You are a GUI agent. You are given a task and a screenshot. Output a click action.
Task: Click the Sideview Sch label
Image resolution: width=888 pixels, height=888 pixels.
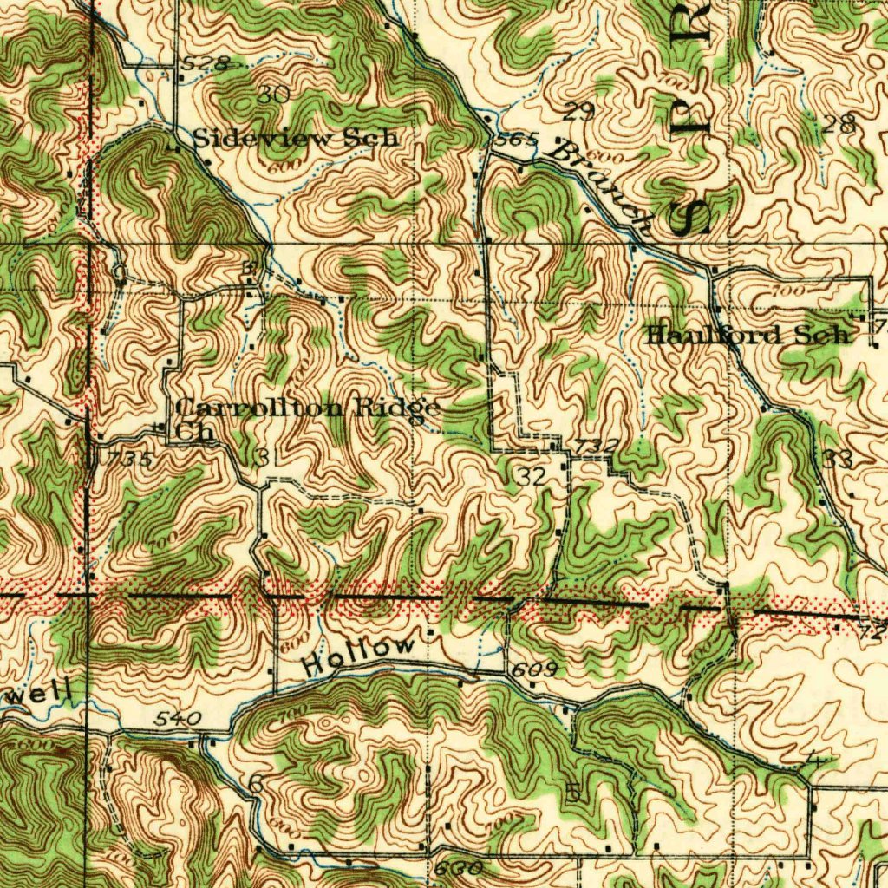[295, 137]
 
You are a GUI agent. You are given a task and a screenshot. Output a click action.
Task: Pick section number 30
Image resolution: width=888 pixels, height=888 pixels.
[272, 95]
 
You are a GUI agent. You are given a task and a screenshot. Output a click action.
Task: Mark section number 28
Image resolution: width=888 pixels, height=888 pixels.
[839, 124]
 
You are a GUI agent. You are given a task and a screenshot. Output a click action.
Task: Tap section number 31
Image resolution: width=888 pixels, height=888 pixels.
[265, 456]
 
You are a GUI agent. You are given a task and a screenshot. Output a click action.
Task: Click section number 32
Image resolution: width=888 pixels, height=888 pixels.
[532, 475]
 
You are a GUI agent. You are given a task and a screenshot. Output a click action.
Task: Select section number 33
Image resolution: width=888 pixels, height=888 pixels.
[838, 460]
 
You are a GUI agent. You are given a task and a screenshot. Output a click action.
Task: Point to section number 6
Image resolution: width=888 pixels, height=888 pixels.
[255, 782]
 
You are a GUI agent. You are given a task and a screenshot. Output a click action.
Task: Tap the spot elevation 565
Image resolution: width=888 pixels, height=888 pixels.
[520, 139]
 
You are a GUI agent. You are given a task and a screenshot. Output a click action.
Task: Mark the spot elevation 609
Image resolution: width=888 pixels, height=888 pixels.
[527, 669]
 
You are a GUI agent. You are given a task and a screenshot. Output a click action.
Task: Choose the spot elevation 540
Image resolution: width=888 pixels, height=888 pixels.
[180, 718]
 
